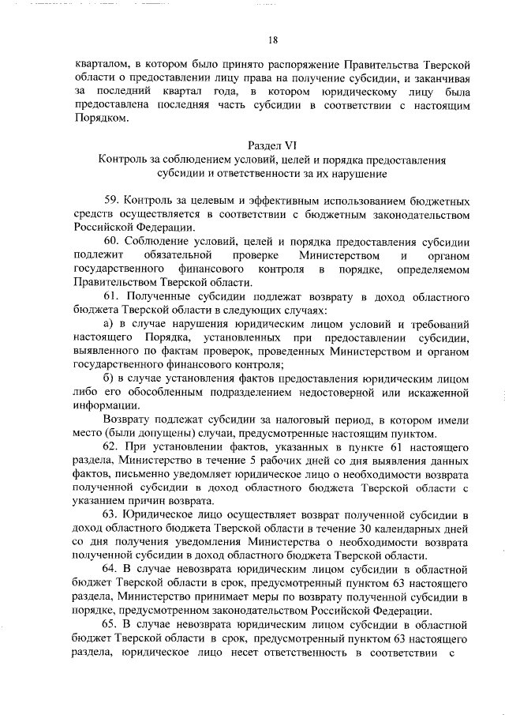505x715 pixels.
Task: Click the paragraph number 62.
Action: (111, 446)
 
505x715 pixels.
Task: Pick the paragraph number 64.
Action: (111, 569)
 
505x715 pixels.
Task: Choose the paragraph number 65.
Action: (111, 623)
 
